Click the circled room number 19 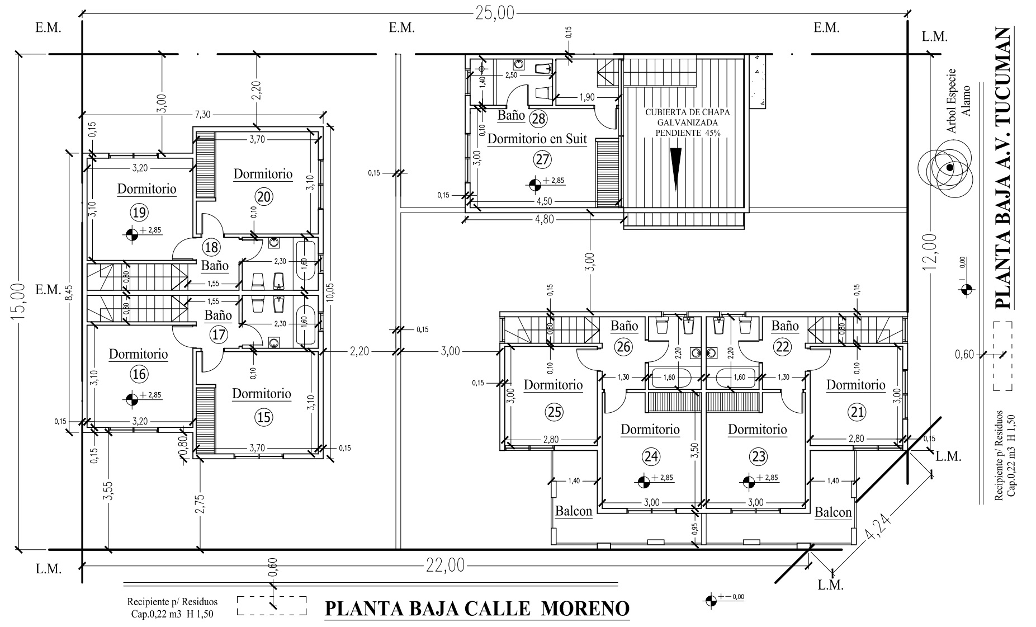139,212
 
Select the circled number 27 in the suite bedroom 542,159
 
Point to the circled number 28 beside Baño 539,119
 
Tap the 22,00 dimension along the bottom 445,566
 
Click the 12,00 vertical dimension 929,252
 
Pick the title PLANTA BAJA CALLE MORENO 477,609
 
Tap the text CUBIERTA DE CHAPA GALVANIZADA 688,117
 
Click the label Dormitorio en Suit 537,138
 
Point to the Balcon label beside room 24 573,511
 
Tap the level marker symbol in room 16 132,399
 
